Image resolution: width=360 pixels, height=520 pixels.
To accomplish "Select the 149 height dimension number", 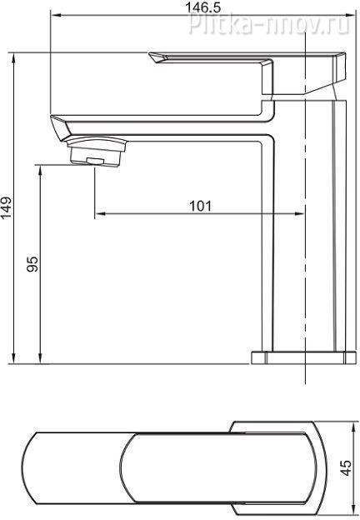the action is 6,208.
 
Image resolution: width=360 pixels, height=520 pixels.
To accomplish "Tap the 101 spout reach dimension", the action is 200,206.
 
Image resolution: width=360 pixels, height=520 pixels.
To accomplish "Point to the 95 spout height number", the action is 32,264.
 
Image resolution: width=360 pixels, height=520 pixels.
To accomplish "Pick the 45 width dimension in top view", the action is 347,468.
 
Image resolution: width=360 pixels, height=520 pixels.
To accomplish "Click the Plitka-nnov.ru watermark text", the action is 269,24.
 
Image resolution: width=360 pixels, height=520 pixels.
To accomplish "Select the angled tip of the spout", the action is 59,127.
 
